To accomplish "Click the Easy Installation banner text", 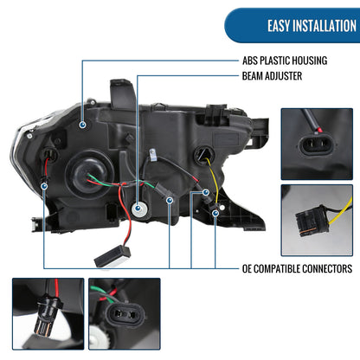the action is (x=312, y=26).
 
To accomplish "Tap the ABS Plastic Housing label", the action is (x=285, y=61).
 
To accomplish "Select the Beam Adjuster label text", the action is (x=272, y=76).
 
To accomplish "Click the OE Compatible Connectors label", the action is (x=297, y=268).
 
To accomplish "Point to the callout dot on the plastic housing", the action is (x=83, y=125).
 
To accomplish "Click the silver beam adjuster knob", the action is (x=138, y=209).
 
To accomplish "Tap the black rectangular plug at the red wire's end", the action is (x=112, y=257).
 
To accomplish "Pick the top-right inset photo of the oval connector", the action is (x=317, y=144).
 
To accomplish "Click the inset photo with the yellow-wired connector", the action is (x=317, y=220).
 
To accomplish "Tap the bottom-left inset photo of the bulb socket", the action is (x=48, y=314).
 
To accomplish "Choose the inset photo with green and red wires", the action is (x=125, y=314).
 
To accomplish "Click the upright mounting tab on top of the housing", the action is (x=122, y=93).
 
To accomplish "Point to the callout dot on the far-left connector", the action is (x=44, y=186).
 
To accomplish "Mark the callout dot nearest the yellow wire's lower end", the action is (x=215, y=214).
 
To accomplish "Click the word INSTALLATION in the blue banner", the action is (x=325, y=26).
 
